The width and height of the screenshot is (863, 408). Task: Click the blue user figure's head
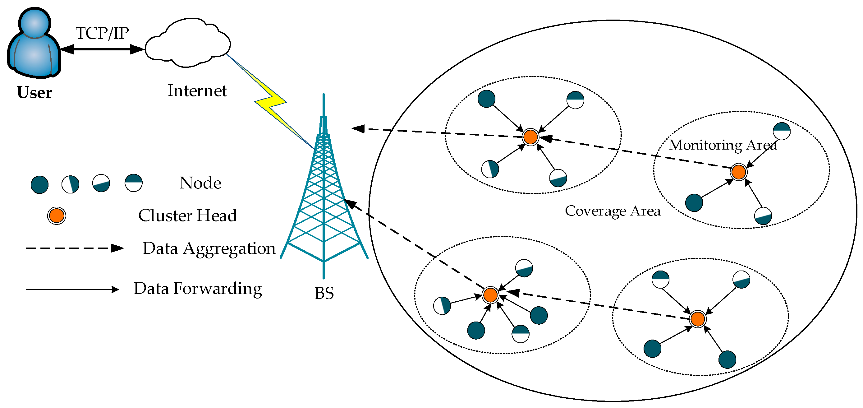pos(34,22)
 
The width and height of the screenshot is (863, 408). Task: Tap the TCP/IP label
pos(102,33)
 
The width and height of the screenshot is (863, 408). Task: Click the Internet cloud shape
pos(188,44)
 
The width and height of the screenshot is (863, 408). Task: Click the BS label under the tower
pos(324,293)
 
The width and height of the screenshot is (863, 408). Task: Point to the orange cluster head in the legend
pos(56,216)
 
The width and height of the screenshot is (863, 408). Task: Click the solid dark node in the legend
pos(39,185)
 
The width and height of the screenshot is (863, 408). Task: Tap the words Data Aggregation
pos(209,249)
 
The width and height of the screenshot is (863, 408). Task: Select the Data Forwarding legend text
pos(198,289)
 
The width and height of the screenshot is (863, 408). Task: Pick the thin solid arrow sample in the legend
pos(72,289)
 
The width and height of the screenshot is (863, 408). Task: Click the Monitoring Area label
pos(723,146)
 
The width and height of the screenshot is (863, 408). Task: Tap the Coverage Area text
pos(613,211)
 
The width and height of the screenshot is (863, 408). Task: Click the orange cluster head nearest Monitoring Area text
pos(738,172)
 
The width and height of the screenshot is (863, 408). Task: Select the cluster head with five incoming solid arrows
pos(490,295)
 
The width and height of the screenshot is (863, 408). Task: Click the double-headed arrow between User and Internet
pos(102,49)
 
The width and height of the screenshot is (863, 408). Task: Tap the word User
pos(34,93)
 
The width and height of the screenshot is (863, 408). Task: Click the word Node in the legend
pos(200,183)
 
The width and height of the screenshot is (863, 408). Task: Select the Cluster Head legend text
pos(187,216)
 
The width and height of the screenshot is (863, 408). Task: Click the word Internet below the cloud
pos(197,91)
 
